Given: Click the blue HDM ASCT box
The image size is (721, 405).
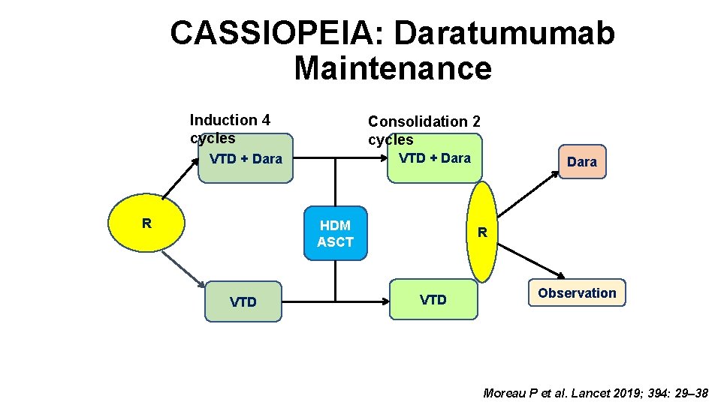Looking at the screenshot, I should click(x=336, y=233).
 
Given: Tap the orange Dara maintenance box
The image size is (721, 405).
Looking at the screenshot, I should click(x=581, y=161).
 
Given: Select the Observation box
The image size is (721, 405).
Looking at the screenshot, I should click(x=577, y=293).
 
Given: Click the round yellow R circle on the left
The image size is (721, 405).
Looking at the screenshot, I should click(x=147, y=223).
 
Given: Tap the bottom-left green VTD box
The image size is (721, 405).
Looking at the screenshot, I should click(x=243, y=301).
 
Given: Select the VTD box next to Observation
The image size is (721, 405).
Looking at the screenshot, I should click(x=433, y=300).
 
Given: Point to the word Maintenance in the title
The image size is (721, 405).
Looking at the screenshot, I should click(x=392, y=68).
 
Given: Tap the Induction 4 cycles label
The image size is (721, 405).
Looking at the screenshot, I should click(x=230, y=128).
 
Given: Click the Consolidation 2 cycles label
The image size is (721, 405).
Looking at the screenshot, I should click(x=424, y=130).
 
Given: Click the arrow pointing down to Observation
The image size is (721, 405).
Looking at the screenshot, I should click(x=531, y=259).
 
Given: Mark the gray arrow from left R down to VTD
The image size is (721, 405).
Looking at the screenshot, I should click(x=183, y=268).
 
